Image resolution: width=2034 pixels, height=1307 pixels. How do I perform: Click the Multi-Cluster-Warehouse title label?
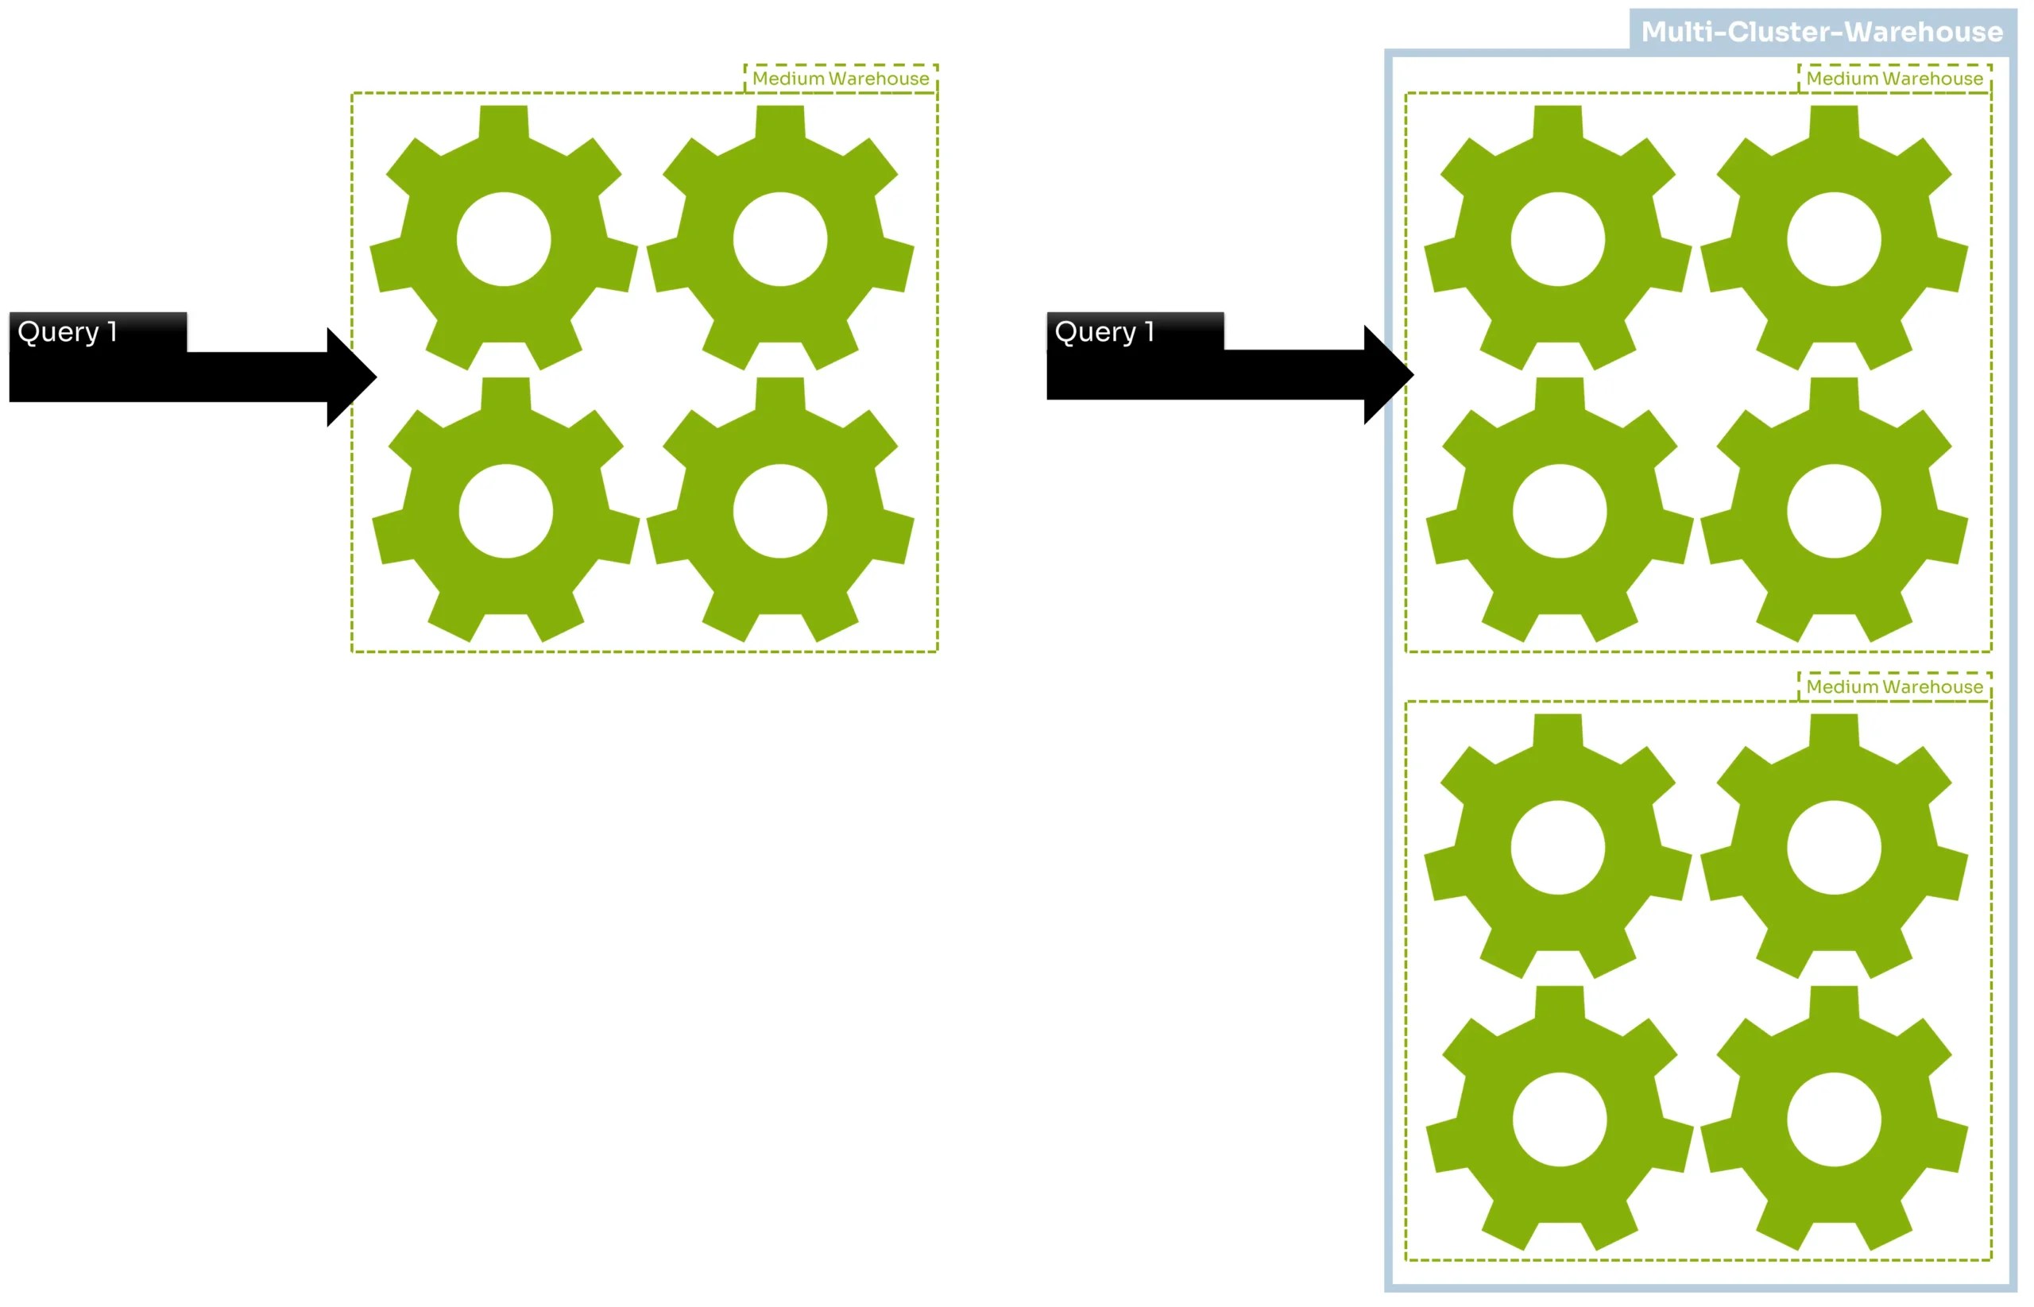(1821, 33)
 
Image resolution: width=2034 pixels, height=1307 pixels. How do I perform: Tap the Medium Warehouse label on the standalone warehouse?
(840, 79)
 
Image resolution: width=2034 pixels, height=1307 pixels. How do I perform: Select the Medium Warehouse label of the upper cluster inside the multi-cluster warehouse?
(1894, 79)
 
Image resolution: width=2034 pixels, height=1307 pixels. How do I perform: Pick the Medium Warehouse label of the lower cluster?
(1894, 686)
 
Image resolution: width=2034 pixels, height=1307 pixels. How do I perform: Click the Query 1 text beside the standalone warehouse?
(67, 332)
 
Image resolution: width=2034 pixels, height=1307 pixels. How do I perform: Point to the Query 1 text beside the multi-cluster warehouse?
(1104, 332)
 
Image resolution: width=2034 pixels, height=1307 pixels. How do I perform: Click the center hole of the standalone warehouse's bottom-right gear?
(779, 511)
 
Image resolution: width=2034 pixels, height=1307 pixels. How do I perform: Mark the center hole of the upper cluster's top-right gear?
(1834, 239)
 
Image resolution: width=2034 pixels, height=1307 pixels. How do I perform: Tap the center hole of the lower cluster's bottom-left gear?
(1560, 1119)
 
